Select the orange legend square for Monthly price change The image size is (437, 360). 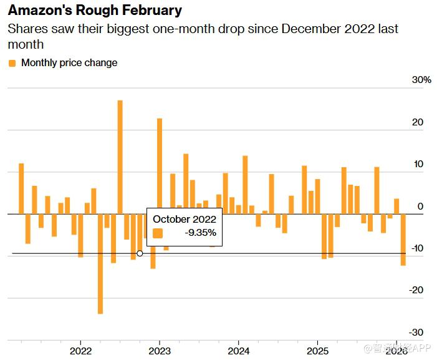tap(12, 63)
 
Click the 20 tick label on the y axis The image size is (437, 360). tap(418, 122)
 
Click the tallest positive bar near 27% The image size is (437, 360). tap(120, 156)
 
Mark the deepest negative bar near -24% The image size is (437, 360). tap(100, 263)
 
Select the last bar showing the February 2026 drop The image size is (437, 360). tap(403, 240)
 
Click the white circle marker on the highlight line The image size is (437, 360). tap(140, 253)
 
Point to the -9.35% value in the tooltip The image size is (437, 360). tap(201, 233)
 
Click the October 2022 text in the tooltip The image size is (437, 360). tap(185, 219)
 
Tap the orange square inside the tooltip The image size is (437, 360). tap(158, 233)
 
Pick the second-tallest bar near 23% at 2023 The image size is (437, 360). tap(160, 166)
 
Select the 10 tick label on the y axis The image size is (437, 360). tap(418, 165)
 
